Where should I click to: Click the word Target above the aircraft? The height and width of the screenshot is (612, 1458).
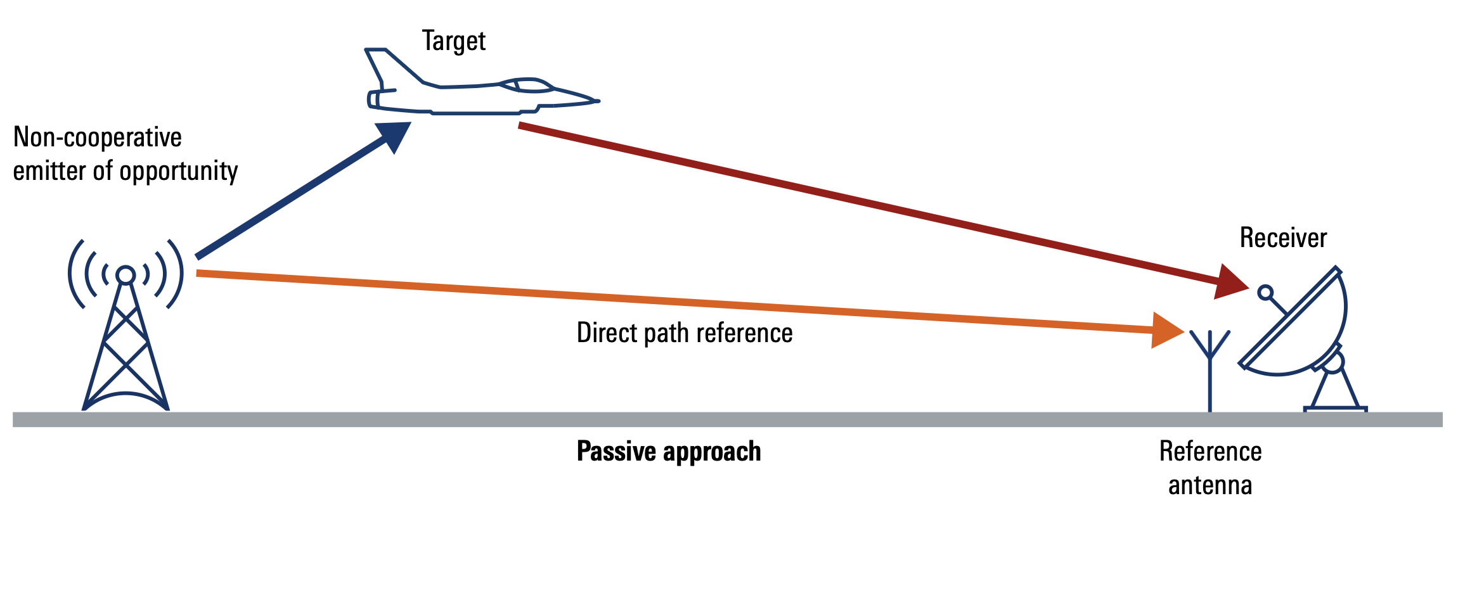tap(453, 41)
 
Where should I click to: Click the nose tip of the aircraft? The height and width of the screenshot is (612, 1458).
tap(597, 101)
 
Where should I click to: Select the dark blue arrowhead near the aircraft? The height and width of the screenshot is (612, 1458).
tap(393, 135)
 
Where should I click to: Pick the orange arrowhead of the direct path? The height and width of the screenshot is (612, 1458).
tap(1165, 330)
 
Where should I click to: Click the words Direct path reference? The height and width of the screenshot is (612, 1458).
tap(684, 333)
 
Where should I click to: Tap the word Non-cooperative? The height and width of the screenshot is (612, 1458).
tap(98, 137)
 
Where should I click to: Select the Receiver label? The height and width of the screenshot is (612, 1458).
tap(1282, 238)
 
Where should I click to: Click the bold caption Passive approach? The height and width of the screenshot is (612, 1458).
tap(668, 452)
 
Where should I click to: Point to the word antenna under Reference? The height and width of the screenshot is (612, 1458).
tap(1210, 486)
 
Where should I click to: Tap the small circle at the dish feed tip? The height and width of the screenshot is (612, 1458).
tap(1265, 292)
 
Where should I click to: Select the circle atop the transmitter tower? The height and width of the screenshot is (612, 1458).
tap(126, 275)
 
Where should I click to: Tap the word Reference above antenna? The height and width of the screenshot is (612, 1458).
tap(1210, 452)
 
